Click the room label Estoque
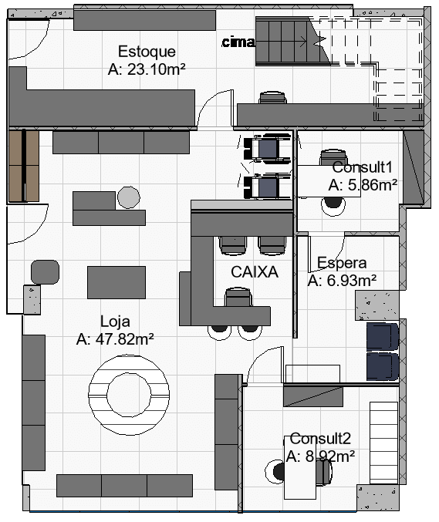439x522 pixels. [147, 52]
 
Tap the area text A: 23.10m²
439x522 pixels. [147, 69]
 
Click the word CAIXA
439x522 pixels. [255, 272]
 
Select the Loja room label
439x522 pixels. [115, 322]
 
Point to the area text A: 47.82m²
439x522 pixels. [115, 339]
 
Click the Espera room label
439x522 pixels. [342, 263]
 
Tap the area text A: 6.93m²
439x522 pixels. [342, 281]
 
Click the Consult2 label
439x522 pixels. [320, 439]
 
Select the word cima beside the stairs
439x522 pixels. [238, 42]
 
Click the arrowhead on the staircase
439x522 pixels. [303, 42]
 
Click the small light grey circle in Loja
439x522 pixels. [129, 197]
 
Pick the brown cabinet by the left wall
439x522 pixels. [24, 166]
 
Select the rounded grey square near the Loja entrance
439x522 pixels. [45, 272]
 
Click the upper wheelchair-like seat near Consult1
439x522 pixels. [266, 149]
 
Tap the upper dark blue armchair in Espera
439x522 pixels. [383, 337]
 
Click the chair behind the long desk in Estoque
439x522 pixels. [273, 98]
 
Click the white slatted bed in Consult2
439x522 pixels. [383, 443]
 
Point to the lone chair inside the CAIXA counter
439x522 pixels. [238, 297]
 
